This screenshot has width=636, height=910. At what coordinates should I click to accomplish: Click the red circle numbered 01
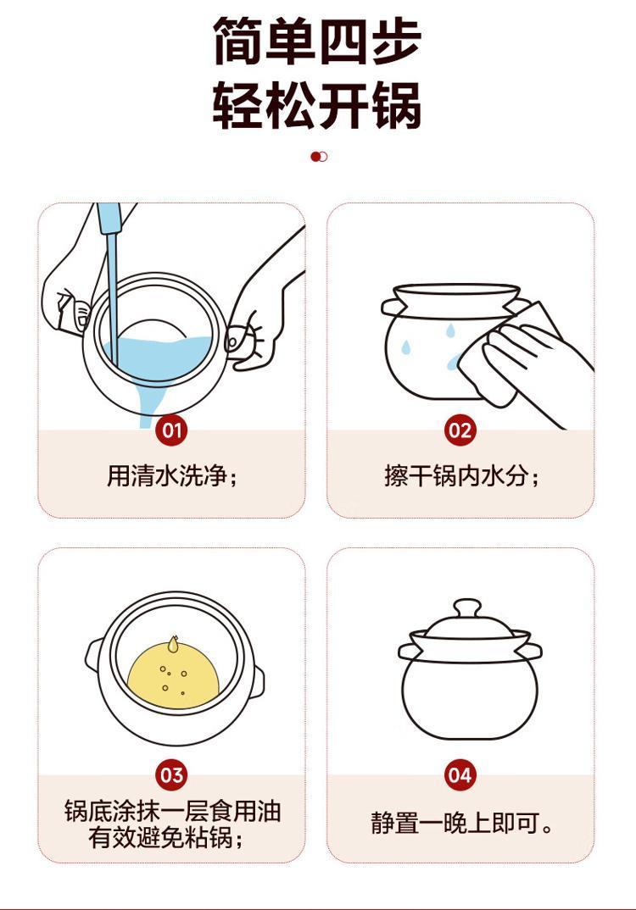point(171,430)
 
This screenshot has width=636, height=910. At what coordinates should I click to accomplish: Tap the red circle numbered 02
point(460,430)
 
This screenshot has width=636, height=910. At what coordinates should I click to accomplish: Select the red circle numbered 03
point(171,775)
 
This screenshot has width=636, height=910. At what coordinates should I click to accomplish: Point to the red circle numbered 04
point(460,775)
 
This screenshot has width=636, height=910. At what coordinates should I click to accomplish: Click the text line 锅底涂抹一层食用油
point(172,811)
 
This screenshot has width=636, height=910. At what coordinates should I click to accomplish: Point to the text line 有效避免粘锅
point(166,837)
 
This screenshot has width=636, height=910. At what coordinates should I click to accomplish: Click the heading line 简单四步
point(317,42)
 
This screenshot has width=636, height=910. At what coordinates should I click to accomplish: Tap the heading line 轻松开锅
point(317,105)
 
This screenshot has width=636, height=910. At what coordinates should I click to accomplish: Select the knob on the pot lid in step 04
point(467,609)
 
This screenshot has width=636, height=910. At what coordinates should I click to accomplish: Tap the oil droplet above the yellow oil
point(172,643)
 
